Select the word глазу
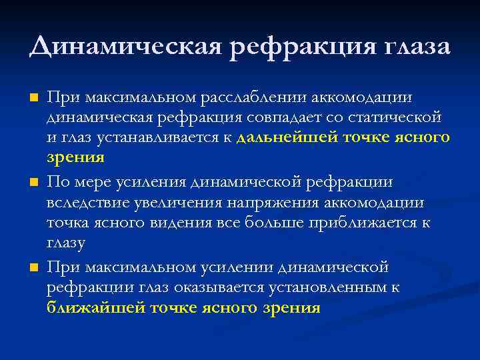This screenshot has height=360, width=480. [66, 243]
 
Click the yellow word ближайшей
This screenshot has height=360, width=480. [97, 308]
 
